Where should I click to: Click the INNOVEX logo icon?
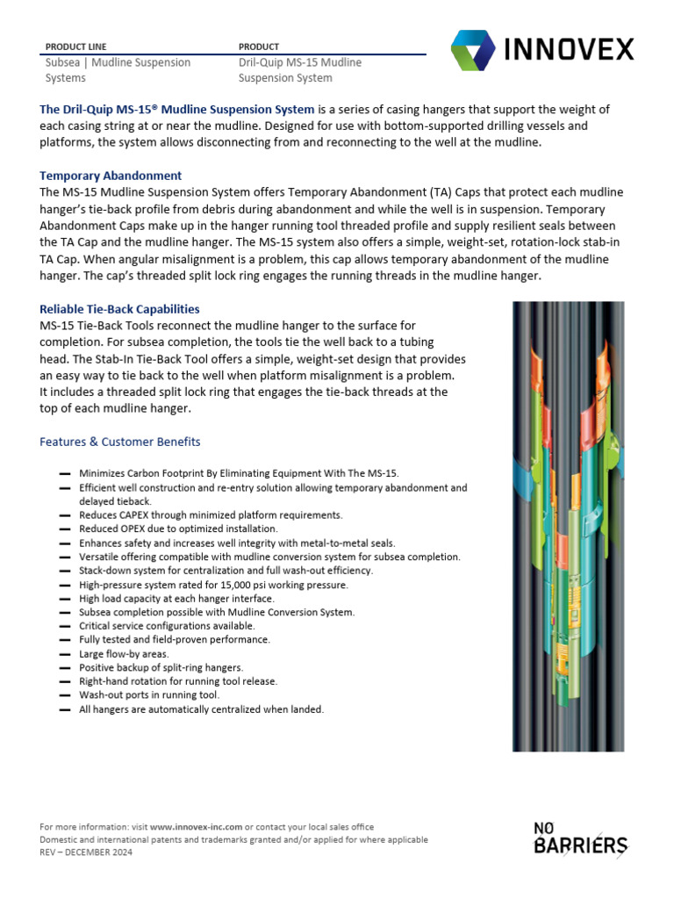[473, 50]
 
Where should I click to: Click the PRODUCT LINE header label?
[75, 47]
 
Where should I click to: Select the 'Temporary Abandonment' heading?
[111, 176]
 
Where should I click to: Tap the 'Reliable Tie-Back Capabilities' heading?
[119, 309]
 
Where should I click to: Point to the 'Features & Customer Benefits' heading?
[119, 442]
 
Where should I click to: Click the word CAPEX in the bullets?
[140, 515]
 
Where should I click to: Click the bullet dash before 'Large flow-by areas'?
[64, 654]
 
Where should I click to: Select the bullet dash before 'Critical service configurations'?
[64, 626]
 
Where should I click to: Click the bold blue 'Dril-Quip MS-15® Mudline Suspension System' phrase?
[177, 110]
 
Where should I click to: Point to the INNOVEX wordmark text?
[570, 49]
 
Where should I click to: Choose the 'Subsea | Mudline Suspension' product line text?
[118, 62]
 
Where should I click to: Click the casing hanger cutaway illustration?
[568, 527]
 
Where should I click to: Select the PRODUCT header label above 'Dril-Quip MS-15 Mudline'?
[259, 47]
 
